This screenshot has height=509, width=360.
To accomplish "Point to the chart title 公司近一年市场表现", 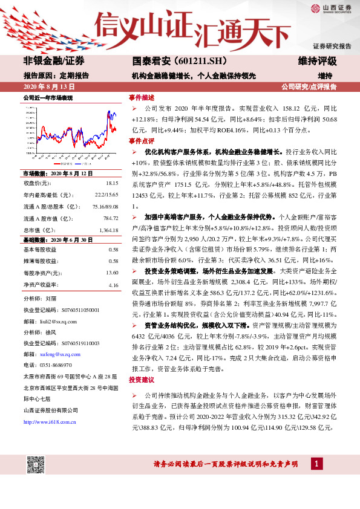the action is [48, 97].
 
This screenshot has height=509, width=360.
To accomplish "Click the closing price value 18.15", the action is [111, 183].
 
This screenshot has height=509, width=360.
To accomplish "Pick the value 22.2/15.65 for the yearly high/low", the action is [106, 195].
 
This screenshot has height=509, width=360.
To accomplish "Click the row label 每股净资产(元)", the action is [42, 273].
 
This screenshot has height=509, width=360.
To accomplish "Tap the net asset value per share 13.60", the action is [112, 273].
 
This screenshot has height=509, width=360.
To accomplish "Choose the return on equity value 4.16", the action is [113, 285].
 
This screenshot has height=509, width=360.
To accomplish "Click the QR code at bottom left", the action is [37, 466].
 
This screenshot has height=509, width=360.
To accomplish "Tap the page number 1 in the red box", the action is [316, 464].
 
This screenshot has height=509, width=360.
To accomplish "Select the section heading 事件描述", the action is [141, 97].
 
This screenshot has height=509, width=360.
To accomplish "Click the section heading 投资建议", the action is [141, 380].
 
